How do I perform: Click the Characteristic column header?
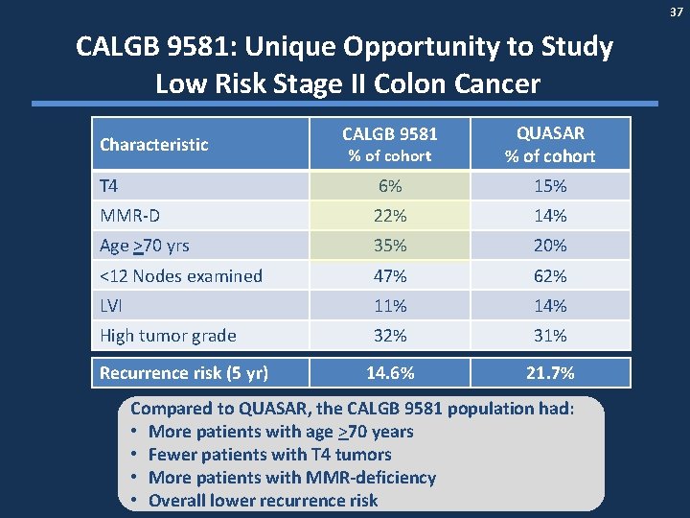coord(153,145)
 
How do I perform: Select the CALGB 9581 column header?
coord(389,144)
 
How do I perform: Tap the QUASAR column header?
coord(550,144)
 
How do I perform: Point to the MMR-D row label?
coord(129,216)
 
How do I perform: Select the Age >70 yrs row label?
coord(145,246)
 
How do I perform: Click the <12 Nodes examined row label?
coord(181,276)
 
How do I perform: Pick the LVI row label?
coord(112,306)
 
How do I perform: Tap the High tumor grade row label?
coord(168,336)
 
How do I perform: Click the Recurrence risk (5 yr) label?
coord(184,373)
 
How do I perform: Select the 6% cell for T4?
coord(389,186)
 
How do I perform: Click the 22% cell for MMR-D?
coord(389,216)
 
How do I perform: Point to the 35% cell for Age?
coord(389,246)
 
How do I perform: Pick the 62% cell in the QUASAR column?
coord(550,276)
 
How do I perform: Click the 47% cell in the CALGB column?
coord(389,276)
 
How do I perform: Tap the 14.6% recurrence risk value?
coord(389,373)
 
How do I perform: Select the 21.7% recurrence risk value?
coord(550,373)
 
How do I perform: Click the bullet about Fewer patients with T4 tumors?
coord(269,455)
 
